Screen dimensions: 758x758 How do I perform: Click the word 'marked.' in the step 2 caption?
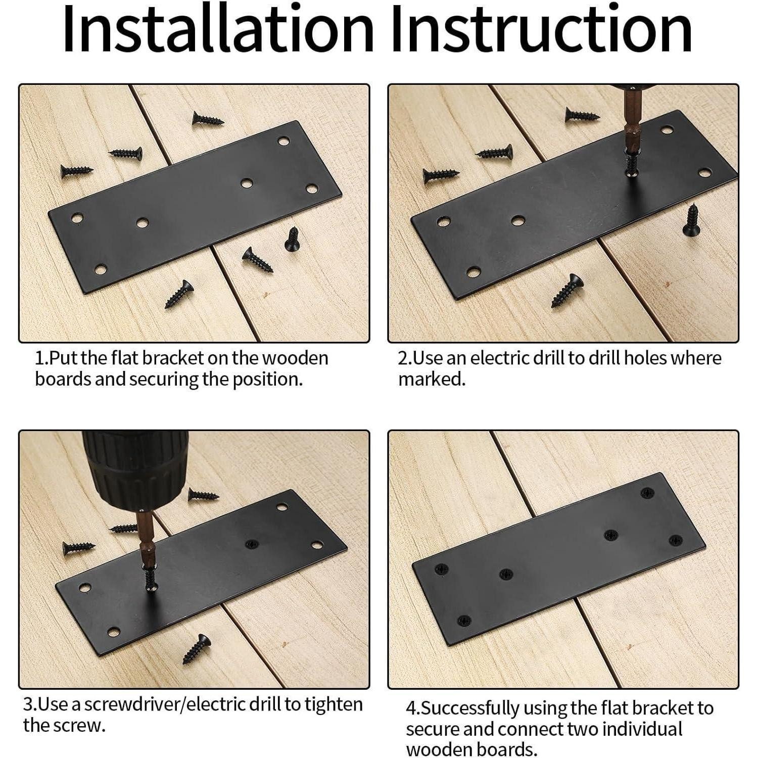pos(432,379)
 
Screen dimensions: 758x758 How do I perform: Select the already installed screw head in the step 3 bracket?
pos(251,544)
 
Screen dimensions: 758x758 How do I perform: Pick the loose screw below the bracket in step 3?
pos(197,649)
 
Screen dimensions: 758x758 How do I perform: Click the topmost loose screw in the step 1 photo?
pos(207,119)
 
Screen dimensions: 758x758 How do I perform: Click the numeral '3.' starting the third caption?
pos(30,704)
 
